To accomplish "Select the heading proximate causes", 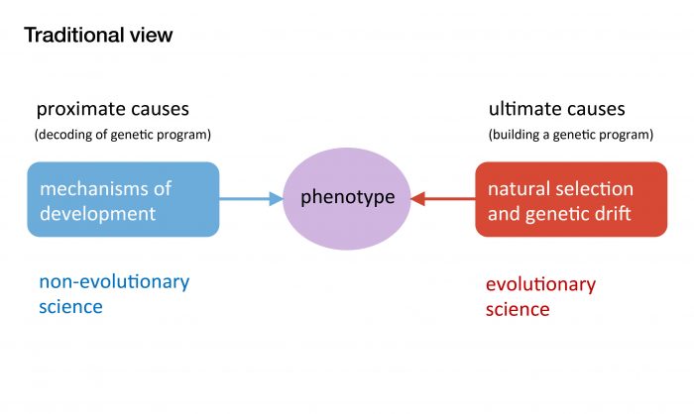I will pyautogui.click(x=112, y=109).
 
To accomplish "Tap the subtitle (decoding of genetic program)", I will pyautogui.click(x=123, y=134).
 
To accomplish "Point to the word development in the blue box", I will pyautogui.click(x=97, y=213).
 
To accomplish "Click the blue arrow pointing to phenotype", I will pyautogui.click(x=250, y=199).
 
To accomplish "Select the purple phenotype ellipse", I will pyautogui.click(x=347, y=198).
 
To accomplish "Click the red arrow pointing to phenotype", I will pyautogui.click(x=443, y=199).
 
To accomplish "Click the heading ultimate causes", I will pyautogui.click(x=556, y=109).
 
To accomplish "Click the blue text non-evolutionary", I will pyautogui.click(x=114, y=281).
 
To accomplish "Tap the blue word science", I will pyautogui.click(x=70, y=306).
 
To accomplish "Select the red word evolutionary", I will pyautogui.click(x=540, y=285).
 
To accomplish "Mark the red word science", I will pyautogui.click(x=518, y=309).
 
